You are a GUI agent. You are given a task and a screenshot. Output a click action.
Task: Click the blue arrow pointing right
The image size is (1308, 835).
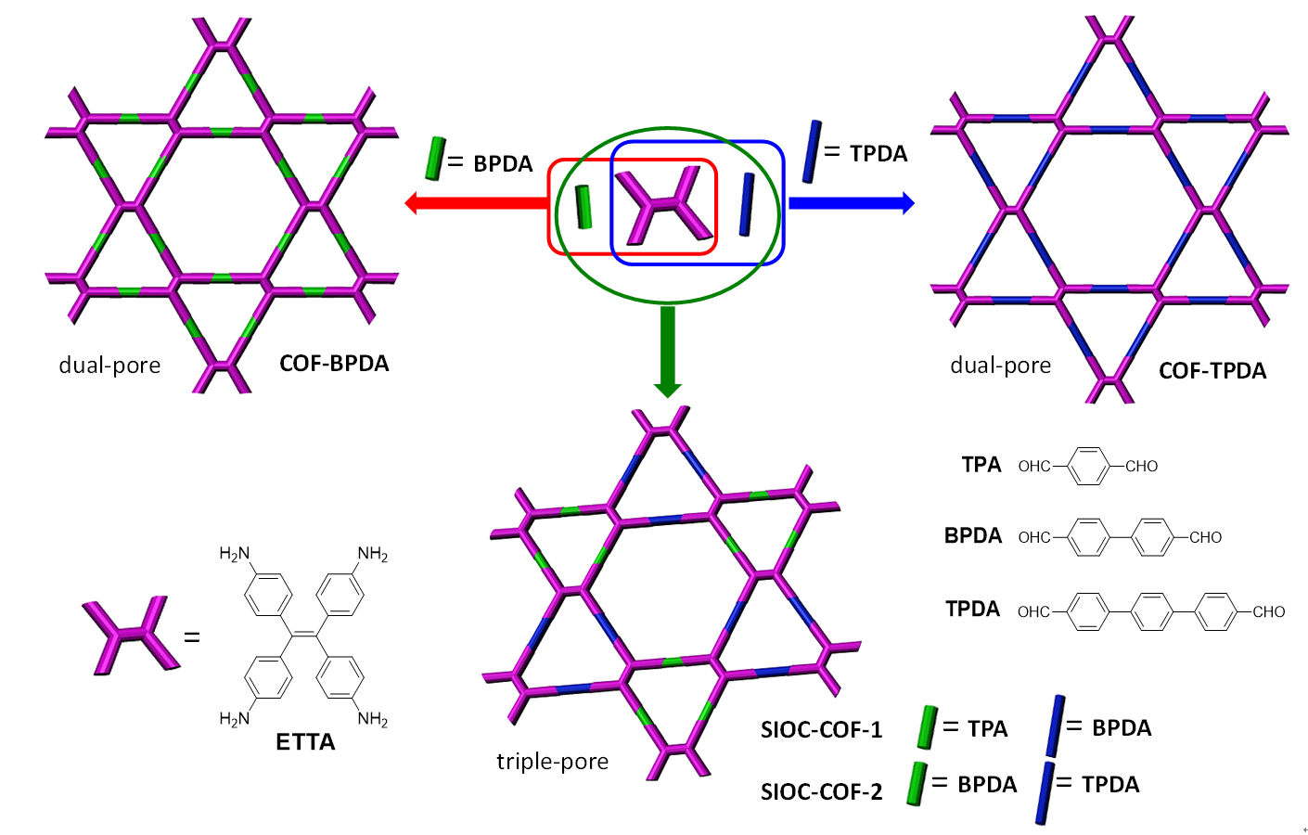tap(850, 203)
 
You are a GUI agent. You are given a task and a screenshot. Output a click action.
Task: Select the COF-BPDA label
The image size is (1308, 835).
tap(334, 363)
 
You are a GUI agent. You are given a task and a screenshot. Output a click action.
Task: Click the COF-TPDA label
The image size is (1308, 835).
tap(1212, 370)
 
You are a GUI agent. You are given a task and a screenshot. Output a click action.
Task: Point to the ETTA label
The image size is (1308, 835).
tap(305, 741)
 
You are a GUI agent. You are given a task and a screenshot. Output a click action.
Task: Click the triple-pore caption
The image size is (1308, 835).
tap(552, 761)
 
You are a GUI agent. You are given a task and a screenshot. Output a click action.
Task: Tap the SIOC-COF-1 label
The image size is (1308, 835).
tap(821, 729)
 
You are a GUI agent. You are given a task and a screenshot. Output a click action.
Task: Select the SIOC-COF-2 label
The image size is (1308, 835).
tap(821, 791)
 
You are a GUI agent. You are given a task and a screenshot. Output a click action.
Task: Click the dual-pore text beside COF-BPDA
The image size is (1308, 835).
tap(109, 365)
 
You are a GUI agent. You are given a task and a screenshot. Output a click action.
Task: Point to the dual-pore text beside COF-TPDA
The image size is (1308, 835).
tap(1000, 365)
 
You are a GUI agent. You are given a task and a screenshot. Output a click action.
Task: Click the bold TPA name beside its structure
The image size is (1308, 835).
tap(981, 465)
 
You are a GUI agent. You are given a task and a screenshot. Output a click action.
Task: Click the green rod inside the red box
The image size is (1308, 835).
tap(583, 206)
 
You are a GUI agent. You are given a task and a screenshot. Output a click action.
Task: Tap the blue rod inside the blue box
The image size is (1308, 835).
tap(746, 204)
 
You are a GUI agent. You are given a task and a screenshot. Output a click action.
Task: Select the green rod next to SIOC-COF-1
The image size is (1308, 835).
tap(926, 726)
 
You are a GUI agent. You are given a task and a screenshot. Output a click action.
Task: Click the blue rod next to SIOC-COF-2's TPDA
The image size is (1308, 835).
tap(1044, 793)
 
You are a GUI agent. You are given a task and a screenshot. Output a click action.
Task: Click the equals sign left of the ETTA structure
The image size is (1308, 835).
tap(192, 637)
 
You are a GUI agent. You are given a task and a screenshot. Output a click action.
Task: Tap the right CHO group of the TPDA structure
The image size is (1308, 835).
tap(1268, 611)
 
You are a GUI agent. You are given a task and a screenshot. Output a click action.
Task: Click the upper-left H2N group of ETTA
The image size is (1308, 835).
tap(234, 554)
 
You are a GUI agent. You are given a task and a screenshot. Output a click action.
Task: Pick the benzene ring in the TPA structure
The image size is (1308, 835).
tap(1088, 466)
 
